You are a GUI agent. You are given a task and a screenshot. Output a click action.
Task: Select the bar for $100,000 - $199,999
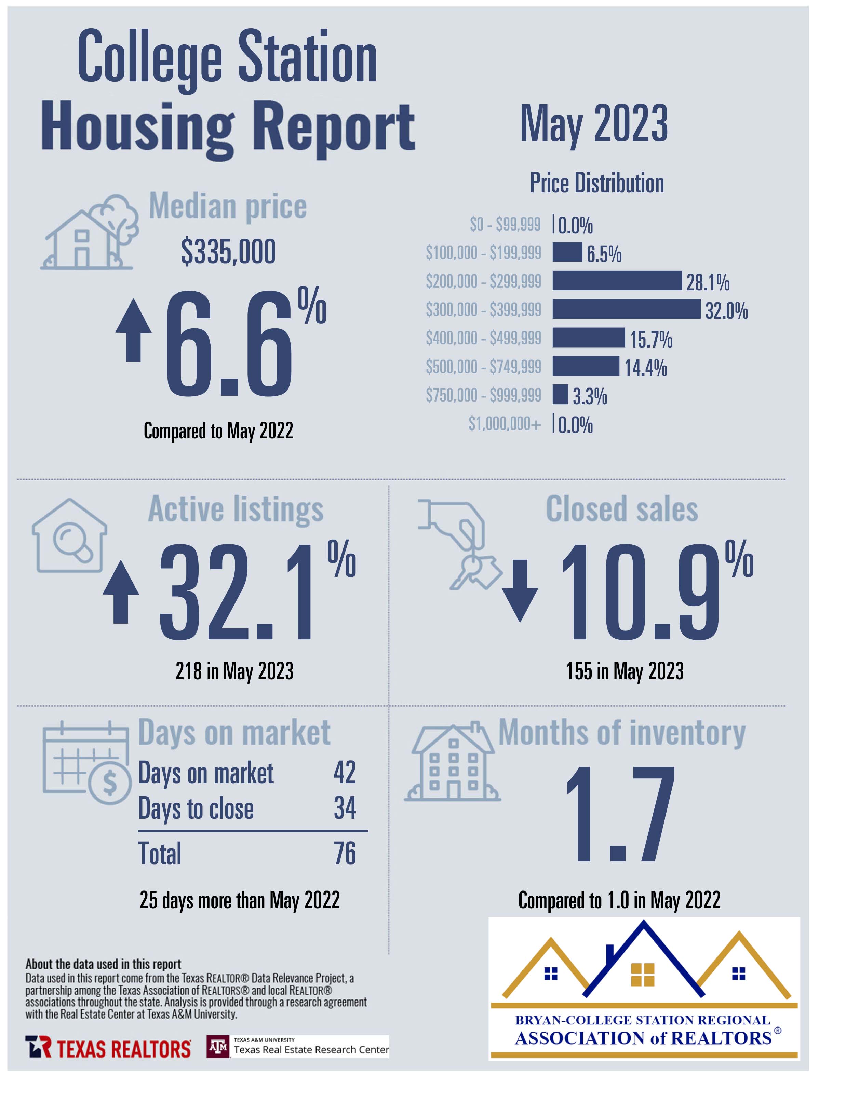tap(567, 252)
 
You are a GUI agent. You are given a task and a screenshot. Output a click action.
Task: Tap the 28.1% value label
tap(708, 283)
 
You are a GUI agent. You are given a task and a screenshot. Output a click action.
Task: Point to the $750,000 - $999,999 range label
tap(483, 395)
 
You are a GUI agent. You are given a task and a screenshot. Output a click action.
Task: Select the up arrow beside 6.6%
tap(133, 330)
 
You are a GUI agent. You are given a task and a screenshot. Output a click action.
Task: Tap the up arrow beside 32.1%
tap(121, 592)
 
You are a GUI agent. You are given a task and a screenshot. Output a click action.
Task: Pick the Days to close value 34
tap(345, 808)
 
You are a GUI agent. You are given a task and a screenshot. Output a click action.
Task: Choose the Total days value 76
tap(345, 853)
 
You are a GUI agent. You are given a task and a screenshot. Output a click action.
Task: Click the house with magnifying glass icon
tap(69, 536)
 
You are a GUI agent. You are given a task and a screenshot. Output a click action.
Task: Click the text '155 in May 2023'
tap(625, 671)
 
